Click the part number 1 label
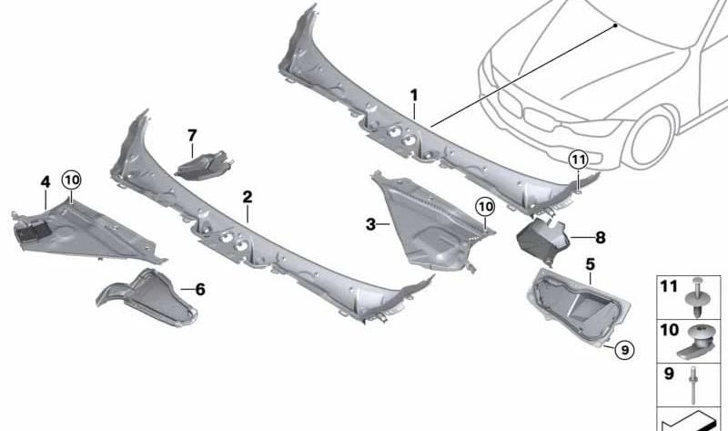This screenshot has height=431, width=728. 414,96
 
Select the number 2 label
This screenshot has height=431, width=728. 248,197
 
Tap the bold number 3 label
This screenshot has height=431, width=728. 370,224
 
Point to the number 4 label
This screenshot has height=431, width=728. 45,182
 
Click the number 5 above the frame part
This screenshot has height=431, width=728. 590,264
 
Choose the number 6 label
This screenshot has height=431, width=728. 200,289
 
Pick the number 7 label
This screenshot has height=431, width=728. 192,136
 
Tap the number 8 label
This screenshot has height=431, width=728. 601,238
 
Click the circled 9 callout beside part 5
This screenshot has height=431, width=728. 624,349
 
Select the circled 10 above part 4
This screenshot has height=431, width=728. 72,180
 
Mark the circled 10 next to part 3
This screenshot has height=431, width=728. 485,207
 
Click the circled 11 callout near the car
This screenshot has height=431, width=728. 579,160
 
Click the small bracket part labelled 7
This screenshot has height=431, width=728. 203,165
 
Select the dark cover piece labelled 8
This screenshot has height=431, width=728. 542,238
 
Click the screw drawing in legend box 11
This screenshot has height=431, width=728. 696,297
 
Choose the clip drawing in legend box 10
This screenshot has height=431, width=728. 696,342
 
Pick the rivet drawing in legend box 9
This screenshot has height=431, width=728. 693,385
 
